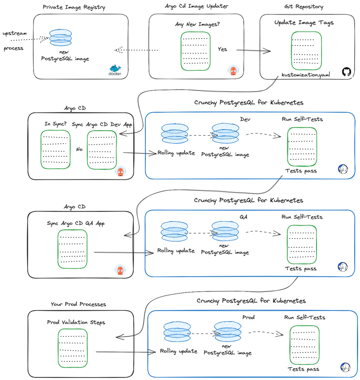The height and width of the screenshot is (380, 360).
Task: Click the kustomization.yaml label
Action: click(305, 74)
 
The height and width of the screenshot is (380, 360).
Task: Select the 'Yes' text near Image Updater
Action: click(223, 49)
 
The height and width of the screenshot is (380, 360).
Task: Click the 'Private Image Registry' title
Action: click(74, 7)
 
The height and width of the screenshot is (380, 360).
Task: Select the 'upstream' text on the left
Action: click(14, 33)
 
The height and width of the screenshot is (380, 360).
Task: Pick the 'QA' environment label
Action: click(244, 217)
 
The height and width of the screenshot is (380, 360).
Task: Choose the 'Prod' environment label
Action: click(248, 317)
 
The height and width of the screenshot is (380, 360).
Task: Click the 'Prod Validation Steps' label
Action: click(76, 322)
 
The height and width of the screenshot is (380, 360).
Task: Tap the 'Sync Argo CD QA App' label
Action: click(76, 223)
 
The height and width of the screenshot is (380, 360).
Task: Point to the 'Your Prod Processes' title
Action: click(78, 304)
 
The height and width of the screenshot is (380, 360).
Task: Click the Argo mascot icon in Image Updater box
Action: click(232, 71)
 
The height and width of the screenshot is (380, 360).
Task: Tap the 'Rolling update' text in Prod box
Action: click(179, 351)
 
